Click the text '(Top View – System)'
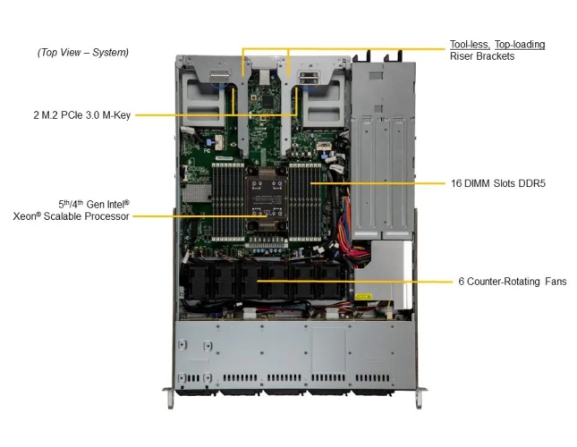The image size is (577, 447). (x=83, y=52)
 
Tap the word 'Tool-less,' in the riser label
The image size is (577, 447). (x=470, y=45)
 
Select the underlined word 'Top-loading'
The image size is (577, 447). (x=520, y=45)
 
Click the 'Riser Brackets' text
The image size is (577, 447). (x=482, y=56)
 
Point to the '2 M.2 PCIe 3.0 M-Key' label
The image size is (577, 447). (x=82, y=115)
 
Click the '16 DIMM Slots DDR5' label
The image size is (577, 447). (x=498, y=183)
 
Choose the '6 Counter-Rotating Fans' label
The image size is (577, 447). (x=513, y=282)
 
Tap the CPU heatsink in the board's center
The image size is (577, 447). (x=267, y=199)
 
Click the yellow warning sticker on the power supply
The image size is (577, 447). (x=363, y=297)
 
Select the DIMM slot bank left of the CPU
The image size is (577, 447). (x=228, y=202)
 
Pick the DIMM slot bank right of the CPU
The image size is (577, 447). (x=305, y=202)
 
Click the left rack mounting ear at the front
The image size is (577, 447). (x=170, y=397)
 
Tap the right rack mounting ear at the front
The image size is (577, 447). (x=420, y=397)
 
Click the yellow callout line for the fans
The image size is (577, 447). (x=355, y=282)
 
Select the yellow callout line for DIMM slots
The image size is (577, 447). (x=378, y=183)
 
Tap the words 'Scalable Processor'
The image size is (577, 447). (x=86, y=216)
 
